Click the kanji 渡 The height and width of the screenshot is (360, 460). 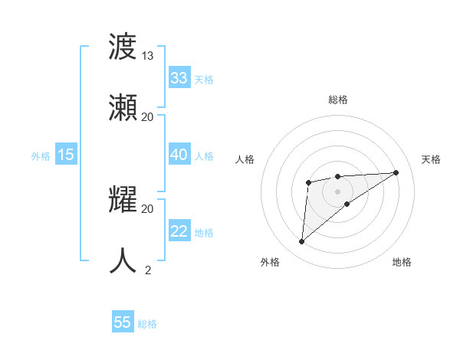pyautogui.click(x=123, y=47)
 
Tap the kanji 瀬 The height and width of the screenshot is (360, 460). pyautogui.click(x=123, y=107)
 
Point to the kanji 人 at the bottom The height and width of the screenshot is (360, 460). pyautogui.click(x=123, y=260)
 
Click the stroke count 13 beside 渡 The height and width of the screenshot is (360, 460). pyautogui.click(x=148, y=56)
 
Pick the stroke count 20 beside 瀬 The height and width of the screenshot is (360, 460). pyautogui.click(x=148, y=116)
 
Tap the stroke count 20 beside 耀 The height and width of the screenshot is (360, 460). pyautogui.click(x=148, y=208)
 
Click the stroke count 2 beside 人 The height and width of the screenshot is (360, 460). pyautogui.click(x=148, y=270)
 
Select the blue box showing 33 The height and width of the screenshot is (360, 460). pyautogui.click(x=179, y=78)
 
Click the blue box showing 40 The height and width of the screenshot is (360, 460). pyautogui.click(x=179, y=155)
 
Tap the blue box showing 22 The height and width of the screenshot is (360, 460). pyautogui.click(x=179, y=231)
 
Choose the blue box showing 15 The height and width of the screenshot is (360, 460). pyautogui.click(x=66, y=155)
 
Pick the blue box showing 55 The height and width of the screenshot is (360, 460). pyautogui.click(x=123, y=322)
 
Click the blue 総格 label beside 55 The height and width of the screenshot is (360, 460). pyautogui.click(x=147, y=324)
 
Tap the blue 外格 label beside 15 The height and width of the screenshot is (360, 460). pyautogui.click(x=41, y=156)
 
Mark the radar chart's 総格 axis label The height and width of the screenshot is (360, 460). pyautogui.click(x=338, y=100)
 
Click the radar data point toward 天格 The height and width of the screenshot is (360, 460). pyautogui.click(x=396, y=172)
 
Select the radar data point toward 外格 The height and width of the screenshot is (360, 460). pyautogui.click(x=302, y=242)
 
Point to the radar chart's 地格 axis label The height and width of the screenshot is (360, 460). pyautogui.click(x=402, y=262)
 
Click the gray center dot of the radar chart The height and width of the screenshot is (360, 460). pyautogui.click(x=338, y=191)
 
